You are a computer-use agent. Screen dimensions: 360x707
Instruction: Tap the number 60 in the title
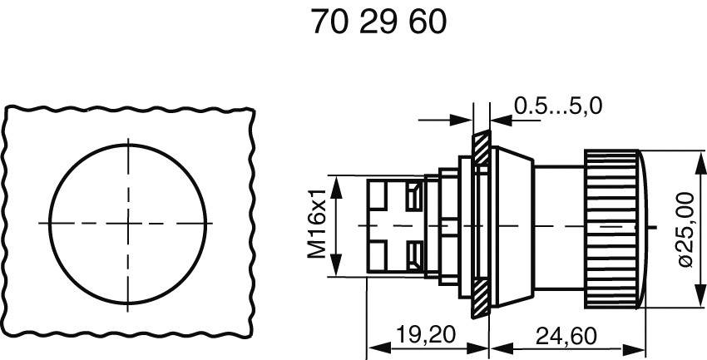click(x=428, y=22)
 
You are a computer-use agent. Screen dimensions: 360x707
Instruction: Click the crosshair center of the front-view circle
click(x=129, y=223)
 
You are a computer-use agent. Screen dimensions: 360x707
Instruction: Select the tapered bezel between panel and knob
click(x=509, y=224)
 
